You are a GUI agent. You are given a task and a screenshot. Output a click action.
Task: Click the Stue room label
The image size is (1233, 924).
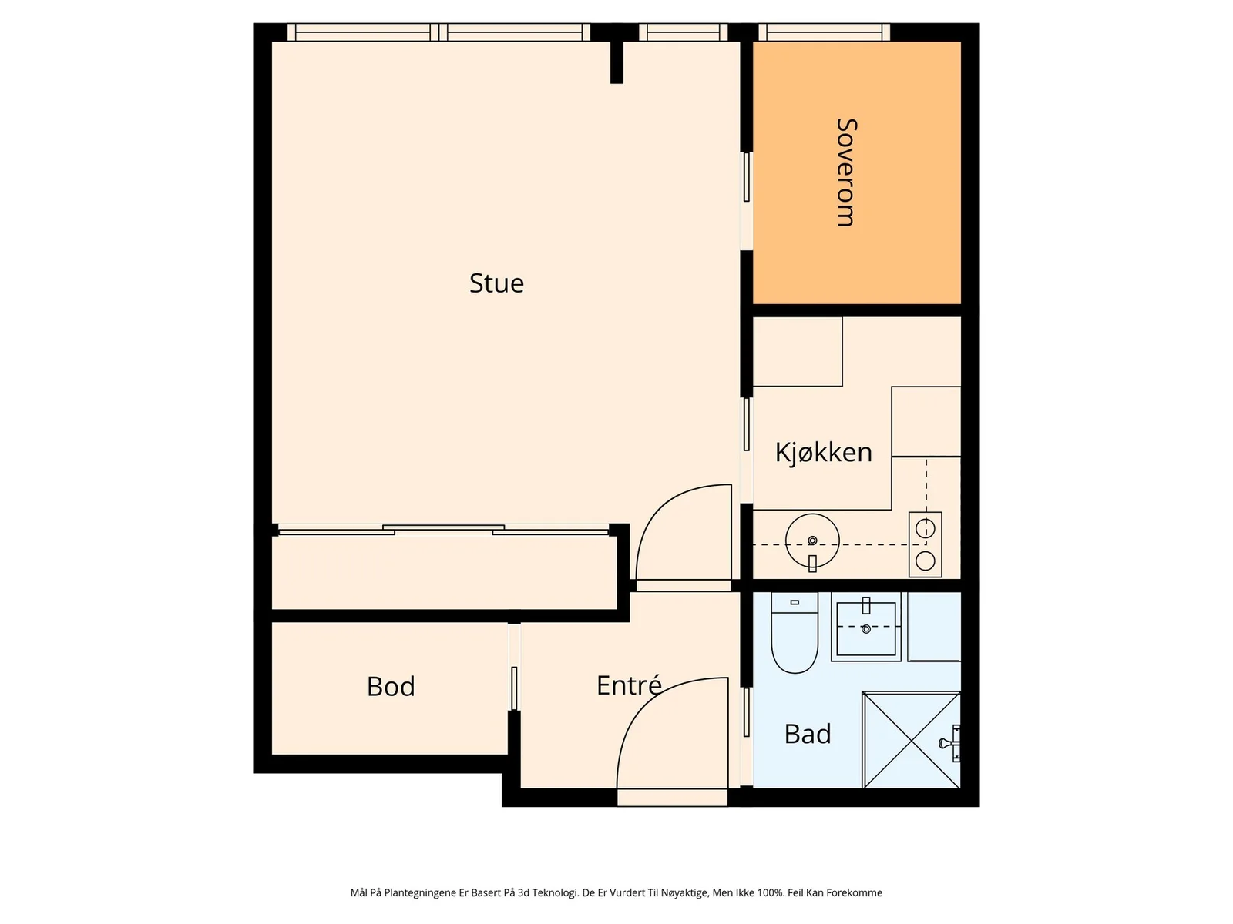(496, 283)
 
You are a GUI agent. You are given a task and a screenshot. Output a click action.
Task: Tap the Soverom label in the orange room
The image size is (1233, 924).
(846, 172)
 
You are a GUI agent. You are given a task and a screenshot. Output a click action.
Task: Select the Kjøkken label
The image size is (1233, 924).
(824, 452)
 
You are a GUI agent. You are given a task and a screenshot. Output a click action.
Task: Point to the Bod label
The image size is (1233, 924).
(391, 687)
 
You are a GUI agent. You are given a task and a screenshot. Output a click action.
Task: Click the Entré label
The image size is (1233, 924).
(629, 685)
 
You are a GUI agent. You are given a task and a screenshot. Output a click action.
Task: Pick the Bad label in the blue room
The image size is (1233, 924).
(807, 735)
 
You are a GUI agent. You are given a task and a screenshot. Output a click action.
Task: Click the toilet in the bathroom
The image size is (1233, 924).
(795, 633)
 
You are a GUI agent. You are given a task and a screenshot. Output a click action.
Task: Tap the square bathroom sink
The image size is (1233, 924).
(865, 628)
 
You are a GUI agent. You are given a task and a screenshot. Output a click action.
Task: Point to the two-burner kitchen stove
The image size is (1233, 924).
(926, 544)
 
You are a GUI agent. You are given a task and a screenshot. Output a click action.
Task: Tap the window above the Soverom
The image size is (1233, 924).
(824, 32)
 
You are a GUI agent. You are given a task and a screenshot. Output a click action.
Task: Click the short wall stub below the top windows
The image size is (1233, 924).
(616, 62)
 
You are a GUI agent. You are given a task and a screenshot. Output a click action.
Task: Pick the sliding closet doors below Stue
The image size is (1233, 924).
(443, 531)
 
